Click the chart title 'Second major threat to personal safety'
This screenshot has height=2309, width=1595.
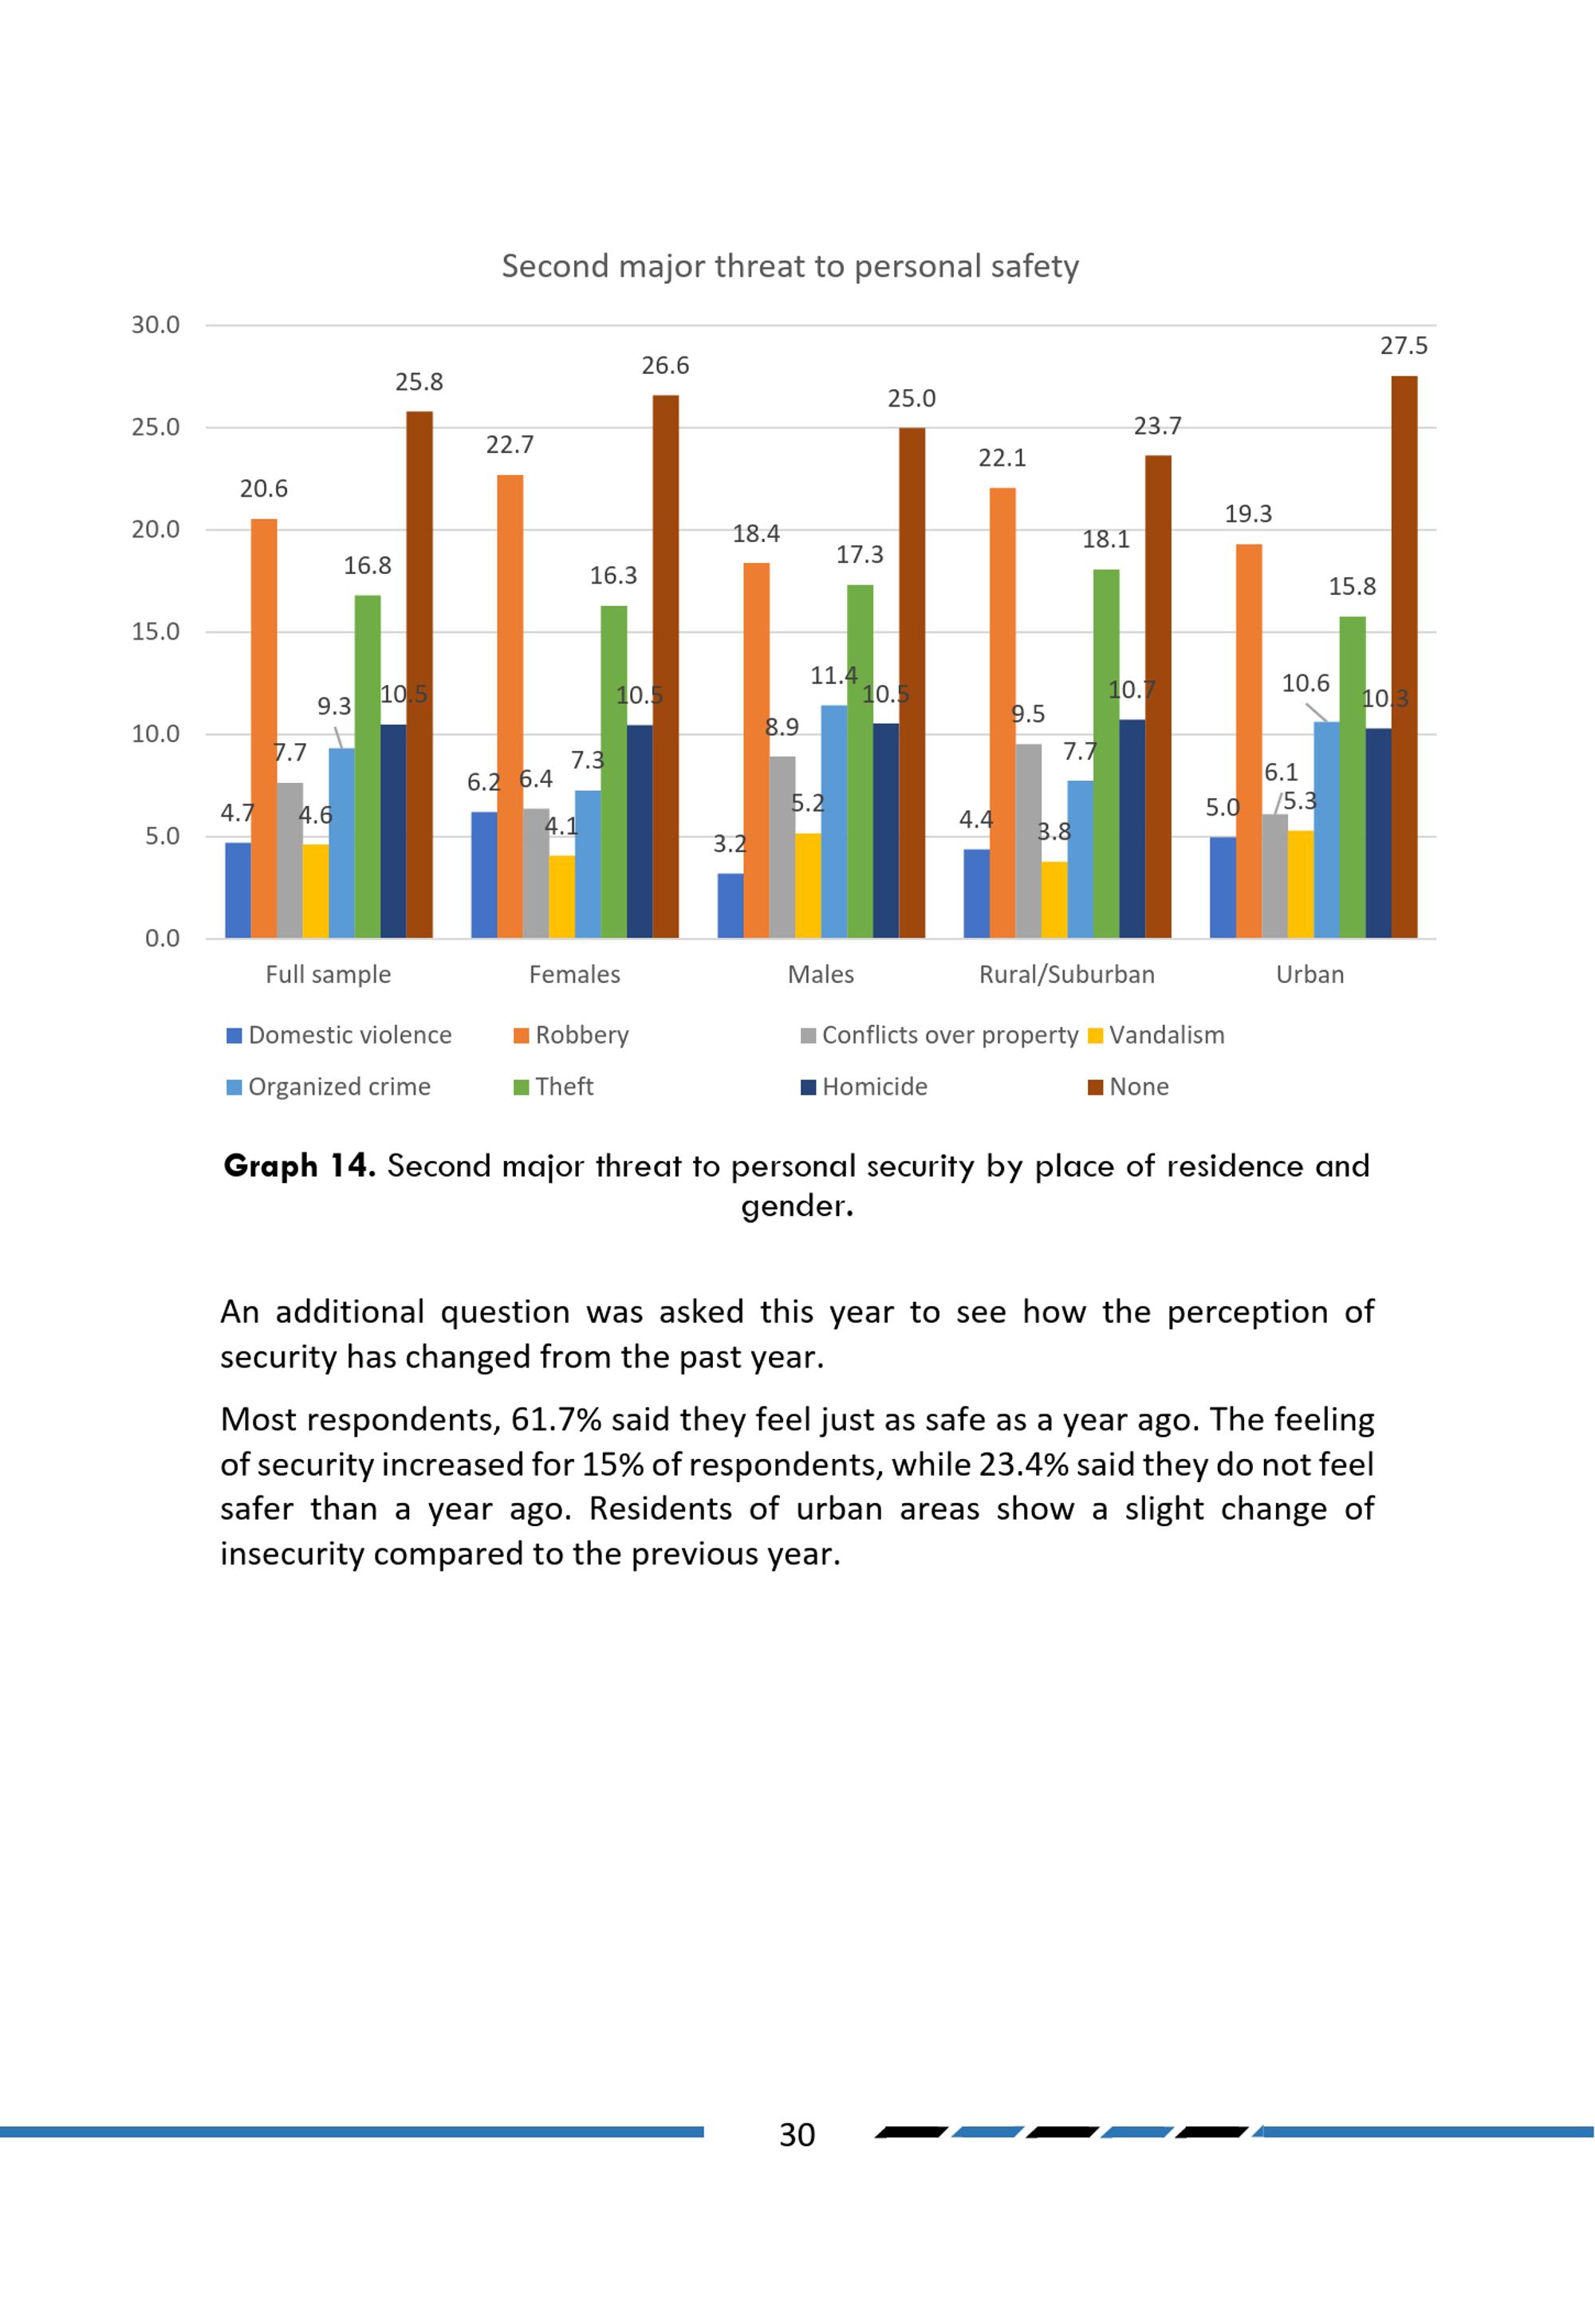[x=790, y=267]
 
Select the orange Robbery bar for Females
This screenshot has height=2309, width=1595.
[x=510, y=706]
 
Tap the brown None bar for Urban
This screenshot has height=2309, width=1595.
[x=1403, y=658]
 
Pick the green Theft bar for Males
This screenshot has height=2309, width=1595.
[x=860, y=761]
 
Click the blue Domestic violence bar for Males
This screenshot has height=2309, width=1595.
[x=730, y=905]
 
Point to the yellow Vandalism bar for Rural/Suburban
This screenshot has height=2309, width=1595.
[x=1053, y=899]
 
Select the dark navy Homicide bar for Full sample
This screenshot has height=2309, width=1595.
[x=392, y=832]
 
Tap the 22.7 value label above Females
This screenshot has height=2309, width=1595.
[x=510, y=445]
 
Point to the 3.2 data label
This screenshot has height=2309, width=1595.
[x=730, y=844]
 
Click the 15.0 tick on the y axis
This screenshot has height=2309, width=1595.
[x=156, y=631]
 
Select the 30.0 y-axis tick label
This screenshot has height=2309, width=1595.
[x=156, y=325]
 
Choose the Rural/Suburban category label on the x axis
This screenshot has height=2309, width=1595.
[x=1066, y=974]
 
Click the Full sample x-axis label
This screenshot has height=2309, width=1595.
[x=328, y=974]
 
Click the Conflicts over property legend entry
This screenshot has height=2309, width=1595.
[x=939, y=1035]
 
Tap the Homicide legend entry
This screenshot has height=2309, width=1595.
[x=864, y=1086]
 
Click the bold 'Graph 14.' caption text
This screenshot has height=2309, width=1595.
[x=299, y=1166]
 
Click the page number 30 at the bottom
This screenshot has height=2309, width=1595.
[x=797, y=2135]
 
